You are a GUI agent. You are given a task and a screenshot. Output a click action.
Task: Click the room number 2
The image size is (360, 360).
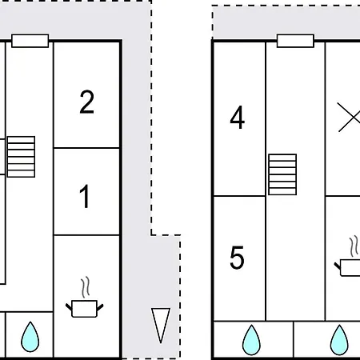tap(87, 102)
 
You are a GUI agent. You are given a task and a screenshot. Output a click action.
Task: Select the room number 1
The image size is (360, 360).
tap(85, 197)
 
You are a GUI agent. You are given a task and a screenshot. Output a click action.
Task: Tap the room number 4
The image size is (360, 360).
tap(238, 118)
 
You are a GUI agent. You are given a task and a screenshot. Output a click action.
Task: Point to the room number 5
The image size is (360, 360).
tap(237, 258)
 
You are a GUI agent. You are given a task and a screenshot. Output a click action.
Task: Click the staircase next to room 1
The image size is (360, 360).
tap(21, 157)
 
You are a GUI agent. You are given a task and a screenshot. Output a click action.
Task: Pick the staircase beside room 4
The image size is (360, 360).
tap(282, 174)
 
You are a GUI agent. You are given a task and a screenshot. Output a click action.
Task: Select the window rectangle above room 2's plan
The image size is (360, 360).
tap(30, 41)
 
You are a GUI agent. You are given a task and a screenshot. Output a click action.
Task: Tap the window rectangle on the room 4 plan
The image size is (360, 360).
tap(295, 41)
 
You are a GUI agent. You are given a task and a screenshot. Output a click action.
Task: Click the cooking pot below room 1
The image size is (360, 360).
tap(85, 309)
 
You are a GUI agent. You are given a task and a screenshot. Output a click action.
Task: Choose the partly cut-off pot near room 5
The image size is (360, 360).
tap(347, 268)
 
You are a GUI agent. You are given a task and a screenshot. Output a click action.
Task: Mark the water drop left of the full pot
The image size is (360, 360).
tap(30, 337)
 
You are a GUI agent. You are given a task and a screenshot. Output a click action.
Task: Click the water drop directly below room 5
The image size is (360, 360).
tap(251, 340)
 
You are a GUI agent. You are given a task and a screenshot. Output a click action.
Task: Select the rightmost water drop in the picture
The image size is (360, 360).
tap(339, 340)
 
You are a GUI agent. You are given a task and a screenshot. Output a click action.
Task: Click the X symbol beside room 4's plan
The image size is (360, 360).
tap(349, 117)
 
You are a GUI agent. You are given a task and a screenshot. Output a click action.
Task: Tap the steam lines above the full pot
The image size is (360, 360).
tap(86, 287)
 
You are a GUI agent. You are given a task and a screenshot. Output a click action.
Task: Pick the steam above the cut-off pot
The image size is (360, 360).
tap(354, 246)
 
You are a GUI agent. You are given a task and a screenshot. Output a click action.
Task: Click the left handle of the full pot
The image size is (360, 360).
tap(69, 306)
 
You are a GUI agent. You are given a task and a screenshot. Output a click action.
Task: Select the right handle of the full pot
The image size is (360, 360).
tap(100, 307)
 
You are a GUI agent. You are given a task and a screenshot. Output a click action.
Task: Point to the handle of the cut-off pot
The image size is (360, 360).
tap(338, 266)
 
